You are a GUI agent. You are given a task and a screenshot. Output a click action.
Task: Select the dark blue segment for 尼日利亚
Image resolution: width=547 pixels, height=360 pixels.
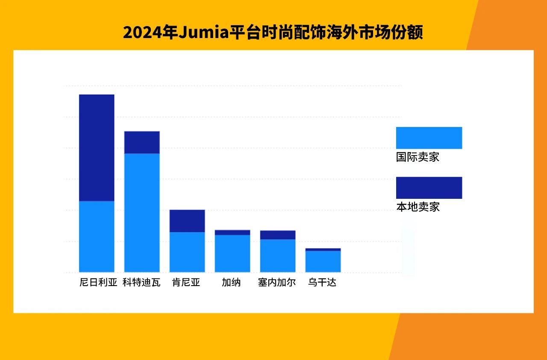97,148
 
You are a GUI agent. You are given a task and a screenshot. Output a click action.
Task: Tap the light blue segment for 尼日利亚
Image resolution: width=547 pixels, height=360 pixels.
97,236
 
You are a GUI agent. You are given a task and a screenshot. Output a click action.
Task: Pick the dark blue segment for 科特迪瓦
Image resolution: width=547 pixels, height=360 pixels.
142,142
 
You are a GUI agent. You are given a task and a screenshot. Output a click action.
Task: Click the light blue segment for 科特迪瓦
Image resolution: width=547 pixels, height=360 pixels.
142,212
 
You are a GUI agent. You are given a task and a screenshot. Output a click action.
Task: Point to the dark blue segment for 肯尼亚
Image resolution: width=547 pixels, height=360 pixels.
187,221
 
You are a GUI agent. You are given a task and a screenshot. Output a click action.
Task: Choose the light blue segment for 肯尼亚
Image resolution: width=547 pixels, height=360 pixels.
187,252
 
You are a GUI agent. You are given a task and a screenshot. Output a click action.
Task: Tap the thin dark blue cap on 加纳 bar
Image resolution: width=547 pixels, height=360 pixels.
232,233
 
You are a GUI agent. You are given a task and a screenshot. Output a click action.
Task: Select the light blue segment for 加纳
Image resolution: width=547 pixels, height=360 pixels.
232,254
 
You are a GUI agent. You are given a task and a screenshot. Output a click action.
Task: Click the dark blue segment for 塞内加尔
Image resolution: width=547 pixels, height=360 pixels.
278,235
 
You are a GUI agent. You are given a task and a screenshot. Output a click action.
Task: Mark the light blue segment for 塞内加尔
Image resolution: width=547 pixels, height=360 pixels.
278,256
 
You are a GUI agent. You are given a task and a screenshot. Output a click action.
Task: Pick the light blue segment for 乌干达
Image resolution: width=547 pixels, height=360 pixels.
323,261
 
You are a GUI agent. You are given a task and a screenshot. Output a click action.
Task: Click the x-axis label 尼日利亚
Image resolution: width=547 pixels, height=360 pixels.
98,283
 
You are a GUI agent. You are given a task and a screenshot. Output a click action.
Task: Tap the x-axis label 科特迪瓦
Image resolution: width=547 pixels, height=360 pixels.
141,283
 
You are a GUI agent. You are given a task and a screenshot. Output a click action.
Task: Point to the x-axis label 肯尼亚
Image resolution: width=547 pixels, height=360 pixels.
186,283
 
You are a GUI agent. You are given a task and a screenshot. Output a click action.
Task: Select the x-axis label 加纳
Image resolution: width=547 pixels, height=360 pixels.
231,283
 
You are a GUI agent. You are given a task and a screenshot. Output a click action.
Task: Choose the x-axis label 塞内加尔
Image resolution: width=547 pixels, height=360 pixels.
277,283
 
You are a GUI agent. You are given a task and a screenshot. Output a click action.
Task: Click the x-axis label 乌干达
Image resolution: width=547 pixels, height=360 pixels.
322,283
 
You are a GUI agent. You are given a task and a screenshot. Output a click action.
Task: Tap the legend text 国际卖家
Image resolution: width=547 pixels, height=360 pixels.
418,157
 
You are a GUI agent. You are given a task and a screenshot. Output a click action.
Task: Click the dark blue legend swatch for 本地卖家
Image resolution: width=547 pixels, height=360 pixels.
429,188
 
